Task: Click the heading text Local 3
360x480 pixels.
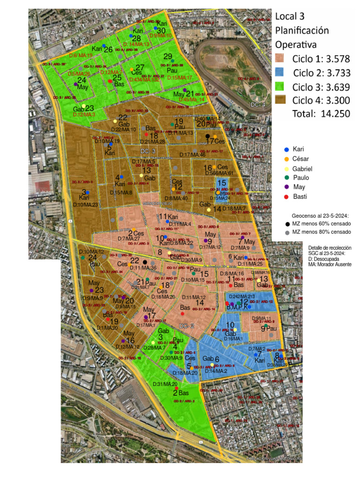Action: (x=290, y=16)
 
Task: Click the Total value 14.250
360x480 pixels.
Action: (x=335, y=113)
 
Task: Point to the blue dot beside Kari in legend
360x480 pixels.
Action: (x=287, y=149)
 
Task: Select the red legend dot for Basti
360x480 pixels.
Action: (x=287, y=196)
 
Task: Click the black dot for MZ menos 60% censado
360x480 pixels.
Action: (x=287, y=225)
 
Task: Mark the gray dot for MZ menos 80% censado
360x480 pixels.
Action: (x=287, y=232)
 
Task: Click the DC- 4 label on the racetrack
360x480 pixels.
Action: (x=258, y=104)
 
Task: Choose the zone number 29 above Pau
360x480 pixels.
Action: (x=168, y=57)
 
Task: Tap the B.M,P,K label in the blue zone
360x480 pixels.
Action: (x=237, y=308)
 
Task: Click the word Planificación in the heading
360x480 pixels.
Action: (x=301, y=30)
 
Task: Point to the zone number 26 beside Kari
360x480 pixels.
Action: (x=108, y=49)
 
